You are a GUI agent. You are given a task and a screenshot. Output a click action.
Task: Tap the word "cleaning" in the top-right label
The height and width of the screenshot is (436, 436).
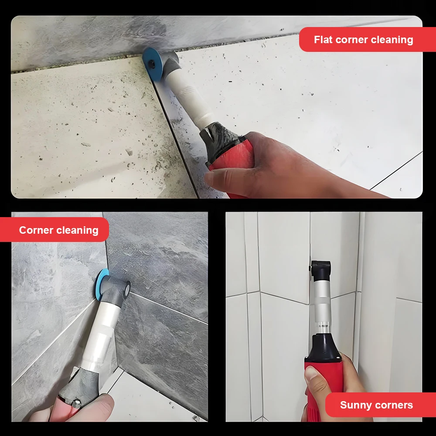[x=392, y=40]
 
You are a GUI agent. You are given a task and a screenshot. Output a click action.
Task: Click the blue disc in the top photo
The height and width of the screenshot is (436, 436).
[x=151, y=62]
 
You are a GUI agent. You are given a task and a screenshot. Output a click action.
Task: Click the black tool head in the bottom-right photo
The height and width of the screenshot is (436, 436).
[x=322, y=270]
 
